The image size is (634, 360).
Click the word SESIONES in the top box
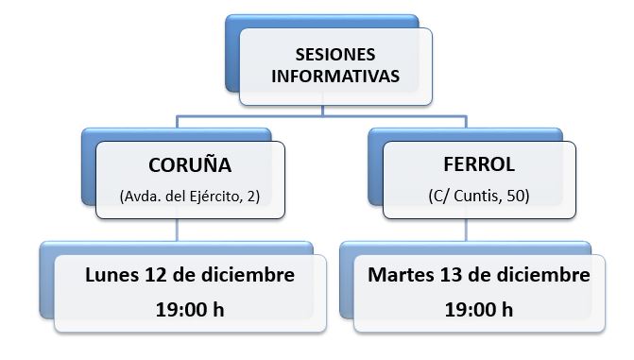(335, 55)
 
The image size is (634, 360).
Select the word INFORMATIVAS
(335, 77)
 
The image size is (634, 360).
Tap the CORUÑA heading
(190, 165)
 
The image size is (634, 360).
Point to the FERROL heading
(479, 164)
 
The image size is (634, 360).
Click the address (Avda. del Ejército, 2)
(190, 197)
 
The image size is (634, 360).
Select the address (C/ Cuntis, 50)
(479, 196)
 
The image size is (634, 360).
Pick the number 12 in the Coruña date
(155, 275)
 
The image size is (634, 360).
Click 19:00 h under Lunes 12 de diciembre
(190, 310)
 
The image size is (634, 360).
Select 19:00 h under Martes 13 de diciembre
(479, 310)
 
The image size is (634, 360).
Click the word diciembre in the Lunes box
(248, 275)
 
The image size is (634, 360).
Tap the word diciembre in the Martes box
(543, 275)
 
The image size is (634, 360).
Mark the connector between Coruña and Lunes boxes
(177, 231)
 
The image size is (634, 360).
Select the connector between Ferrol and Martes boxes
(466, 231)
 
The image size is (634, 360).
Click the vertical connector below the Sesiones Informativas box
(322, 111)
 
